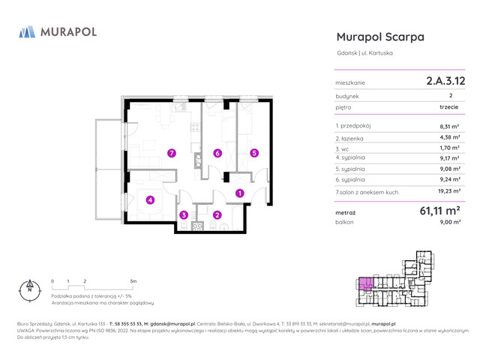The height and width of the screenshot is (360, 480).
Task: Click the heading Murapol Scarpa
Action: click(x=380, y=37)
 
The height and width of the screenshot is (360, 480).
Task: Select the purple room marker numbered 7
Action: click(x=172, y=153)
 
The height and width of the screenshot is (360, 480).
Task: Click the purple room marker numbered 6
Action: click(x=217, y=153)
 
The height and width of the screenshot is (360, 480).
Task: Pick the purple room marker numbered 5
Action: click(x=254, y=153)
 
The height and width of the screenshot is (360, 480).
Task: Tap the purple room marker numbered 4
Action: click(x=150, y=200)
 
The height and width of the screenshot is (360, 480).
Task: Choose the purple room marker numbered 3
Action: click(x=184, y=215)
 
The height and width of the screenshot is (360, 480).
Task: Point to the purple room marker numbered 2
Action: click(x=217, y=215)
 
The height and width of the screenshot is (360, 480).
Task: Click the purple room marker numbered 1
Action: click(x=239, y=193)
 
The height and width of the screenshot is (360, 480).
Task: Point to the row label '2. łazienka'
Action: click(x=350, y=137)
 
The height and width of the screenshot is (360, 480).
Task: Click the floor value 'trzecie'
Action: click(x=449, y=107)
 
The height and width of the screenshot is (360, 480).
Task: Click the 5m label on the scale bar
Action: click(x=133, y=280)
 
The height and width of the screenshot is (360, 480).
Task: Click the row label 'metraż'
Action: click(x=346, y=212)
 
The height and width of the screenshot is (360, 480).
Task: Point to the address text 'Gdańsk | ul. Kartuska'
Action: click(x=364, y=52)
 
